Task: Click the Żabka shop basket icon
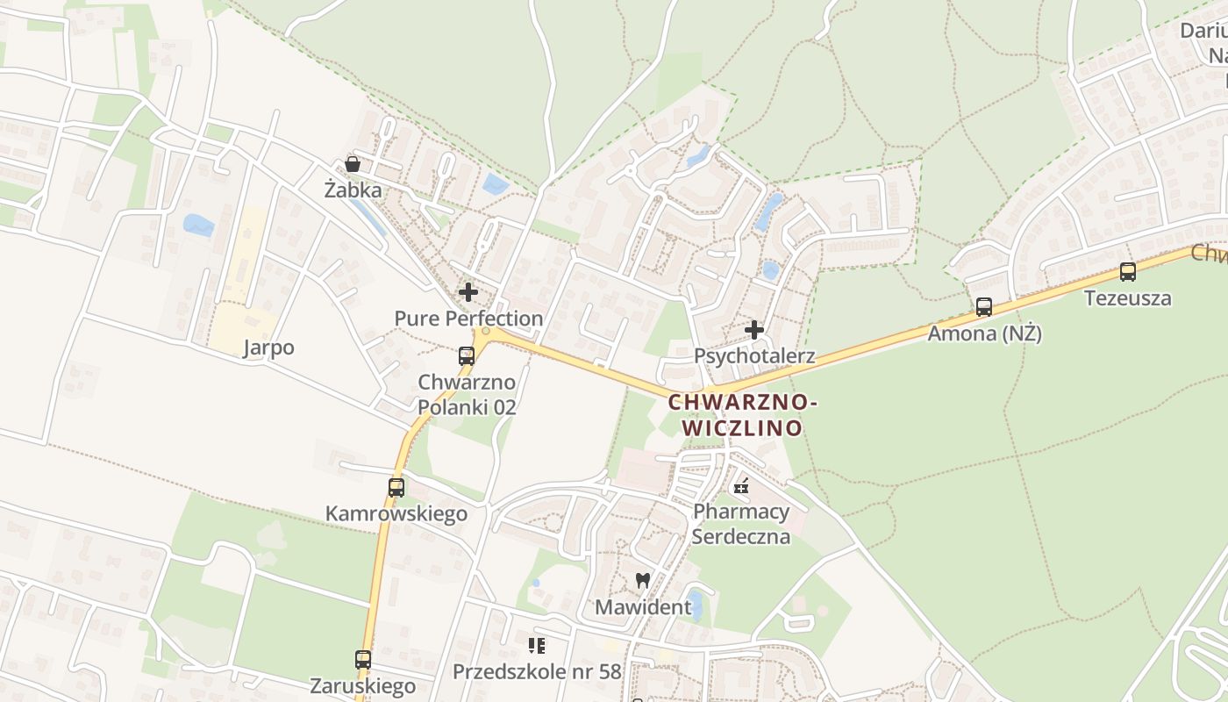pyautogui.click(x=353, y=164)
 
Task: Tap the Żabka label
pyautogui.click(x=353, y=190)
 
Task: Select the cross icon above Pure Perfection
pyautogui.click(x=468, y=292)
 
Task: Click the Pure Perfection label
pyautogui.click(x=468, y=318)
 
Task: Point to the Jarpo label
pyautogui.click(x=268, y=347)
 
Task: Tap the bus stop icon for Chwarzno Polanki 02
pyautogui.click(x=467, y=355)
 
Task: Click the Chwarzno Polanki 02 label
pyautogui.click(x=467, y=395)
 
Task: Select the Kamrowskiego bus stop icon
pyautogui.click(x=396, y=487)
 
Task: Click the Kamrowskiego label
pyautogui.click(x=396, y=513)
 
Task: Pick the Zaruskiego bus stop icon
pyautogui.click(x=363, y=659)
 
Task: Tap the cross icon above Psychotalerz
pyautogui.click(x=754, y=330)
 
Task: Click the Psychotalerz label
pyautogui.click(x=754, y=356)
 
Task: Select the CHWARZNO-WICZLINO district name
pyautogui.click(x=743, y=415)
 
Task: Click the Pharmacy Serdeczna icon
pyautogui.click(x=741, y=486)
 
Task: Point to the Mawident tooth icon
pyautogui.click(x=642, y=580)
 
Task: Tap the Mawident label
pyautogui.click(x=642, y=606)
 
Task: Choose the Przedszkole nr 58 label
pyautogui.click(x=537, y=672)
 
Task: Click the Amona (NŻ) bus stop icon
pyautogui.click(x=984, y=307)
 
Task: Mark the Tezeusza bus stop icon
pyautogui.click(x=1128, y=272)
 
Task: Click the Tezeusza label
pyautogui.click(x=1128, y=297)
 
